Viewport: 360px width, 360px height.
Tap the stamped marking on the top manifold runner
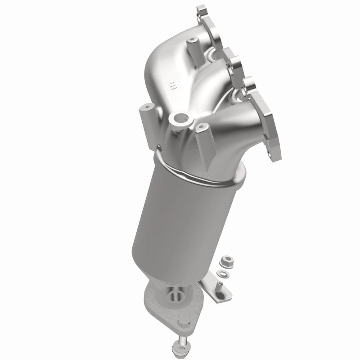point(171,86)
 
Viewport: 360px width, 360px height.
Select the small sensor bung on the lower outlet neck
point(174,296)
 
